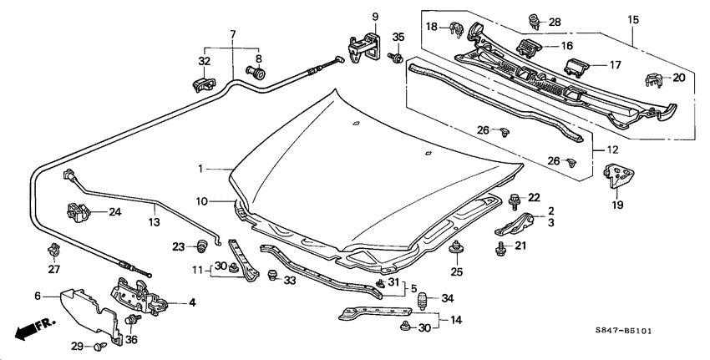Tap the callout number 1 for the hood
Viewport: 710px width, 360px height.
(201, 169)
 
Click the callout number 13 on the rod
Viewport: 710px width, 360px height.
(153, 222)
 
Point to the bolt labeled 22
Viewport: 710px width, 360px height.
(513, 199)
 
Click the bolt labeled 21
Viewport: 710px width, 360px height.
(501, 247)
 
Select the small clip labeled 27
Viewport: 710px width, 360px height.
(53, 249)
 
